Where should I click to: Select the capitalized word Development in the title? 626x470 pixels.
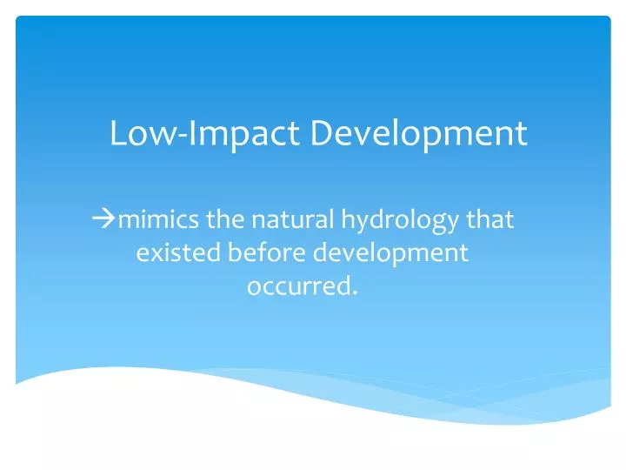tap(420, 133)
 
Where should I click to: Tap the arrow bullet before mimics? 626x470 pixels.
tap(103, 219)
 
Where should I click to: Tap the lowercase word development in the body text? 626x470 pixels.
tap(391, 255)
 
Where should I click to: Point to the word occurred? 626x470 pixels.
tap(299, 286)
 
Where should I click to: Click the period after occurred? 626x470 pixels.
tap(355, 292)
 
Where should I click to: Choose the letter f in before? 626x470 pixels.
tap(256, 252)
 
